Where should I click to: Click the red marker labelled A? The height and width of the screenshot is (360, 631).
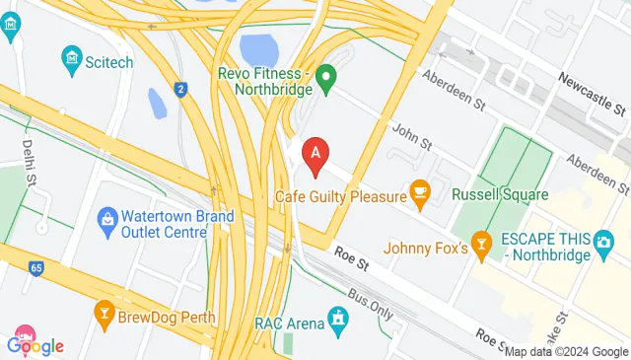(315, 155)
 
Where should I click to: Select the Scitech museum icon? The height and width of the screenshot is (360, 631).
(71, 61)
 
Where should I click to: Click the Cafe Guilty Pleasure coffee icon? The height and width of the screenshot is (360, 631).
(420, 193)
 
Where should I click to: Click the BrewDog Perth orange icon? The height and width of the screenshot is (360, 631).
(104, 313)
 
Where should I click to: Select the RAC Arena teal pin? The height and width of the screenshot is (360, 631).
(338, 318)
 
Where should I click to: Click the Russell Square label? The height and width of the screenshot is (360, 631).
(500, 195)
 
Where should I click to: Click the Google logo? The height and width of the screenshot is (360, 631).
(35, 345)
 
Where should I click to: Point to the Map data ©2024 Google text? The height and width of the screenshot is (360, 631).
(566, 351)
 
